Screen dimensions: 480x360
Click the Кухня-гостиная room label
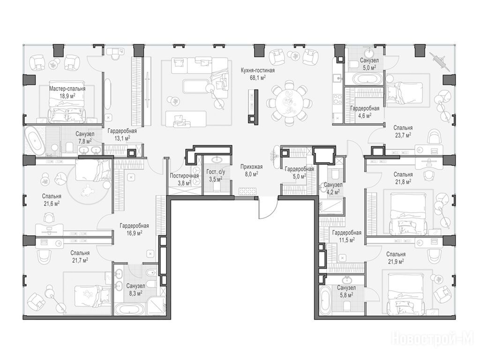pyautogui.click(x=257, y=71)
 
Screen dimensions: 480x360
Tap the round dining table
pyautogui.click(x=287, y=103)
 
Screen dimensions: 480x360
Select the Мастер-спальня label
pyautogui.click(x=67, y=89)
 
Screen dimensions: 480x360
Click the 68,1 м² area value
pyautogui.click(x=258, y=77)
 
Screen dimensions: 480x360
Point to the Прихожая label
pyautogui.click(x=251, y=167)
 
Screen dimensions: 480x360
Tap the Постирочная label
pyautogui.click(x=184, y=176)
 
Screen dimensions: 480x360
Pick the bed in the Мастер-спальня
pyautogui.click(x=67, y=102)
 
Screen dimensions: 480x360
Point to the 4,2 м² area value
pyautogui.click(x=333, y=192)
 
